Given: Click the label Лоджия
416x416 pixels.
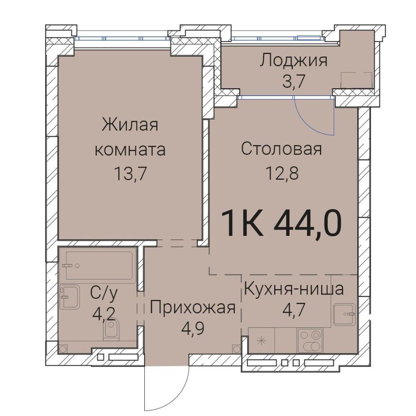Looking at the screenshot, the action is coord(293,61).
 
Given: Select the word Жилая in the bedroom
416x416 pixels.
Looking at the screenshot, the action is coord(130,125).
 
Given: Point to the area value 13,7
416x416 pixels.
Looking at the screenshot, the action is coord(130,174).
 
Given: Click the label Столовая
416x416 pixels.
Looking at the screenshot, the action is coord(282,149).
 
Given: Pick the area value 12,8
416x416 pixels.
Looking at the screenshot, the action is coord(282,173).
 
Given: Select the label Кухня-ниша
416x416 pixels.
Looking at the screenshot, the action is coord(294,289).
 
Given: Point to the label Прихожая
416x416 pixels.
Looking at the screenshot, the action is coord(193,308).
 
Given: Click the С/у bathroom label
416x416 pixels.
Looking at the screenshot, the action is coord(104,294).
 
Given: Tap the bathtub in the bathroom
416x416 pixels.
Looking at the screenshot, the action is coord(99,265).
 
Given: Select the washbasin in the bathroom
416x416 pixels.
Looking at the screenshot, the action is coord(70,297).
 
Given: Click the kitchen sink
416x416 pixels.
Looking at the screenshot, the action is coord(344,314).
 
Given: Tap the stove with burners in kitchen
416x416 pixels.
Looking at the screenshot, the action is coord(310,340).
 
